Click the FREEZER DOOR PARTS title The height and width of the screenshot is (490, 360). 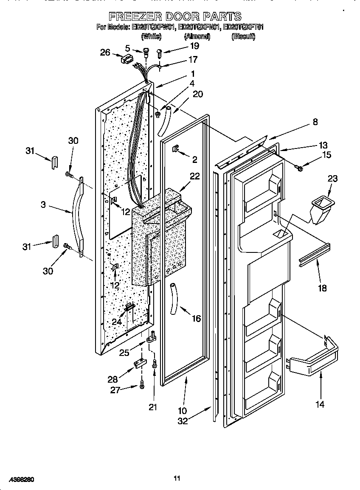click(x=175, y=17)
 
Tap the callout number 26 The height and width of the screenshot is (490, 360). click(x=105, y=53)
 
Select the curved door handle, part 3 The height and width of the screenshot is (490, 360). click(x=76, y=216)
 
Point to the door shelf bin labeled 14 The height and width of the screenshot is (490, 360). click(x=314, y=361)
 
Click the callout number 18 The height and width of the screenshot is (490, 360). click(x=322, y=288)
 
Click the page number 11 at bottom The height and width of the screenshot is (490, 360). click(x=177, y=479)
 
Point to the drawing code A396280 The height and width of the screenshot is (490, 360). click(x=20, y=480)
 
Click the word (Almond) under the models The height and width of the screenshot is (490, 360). click(x=197, y=37)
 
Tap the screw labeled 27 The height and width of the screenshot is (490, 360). click(x=141, y=385)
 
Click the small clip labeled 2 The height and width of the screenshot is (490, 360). click(x=175, y=149)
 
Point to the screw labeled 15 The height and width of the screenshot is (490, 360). click(x=300, y=169)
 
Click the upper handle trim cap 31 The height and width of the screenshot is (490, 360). click(x=54, y=161)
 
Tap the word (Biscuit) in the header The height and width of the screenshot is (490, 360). click(x=243, y=37)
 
